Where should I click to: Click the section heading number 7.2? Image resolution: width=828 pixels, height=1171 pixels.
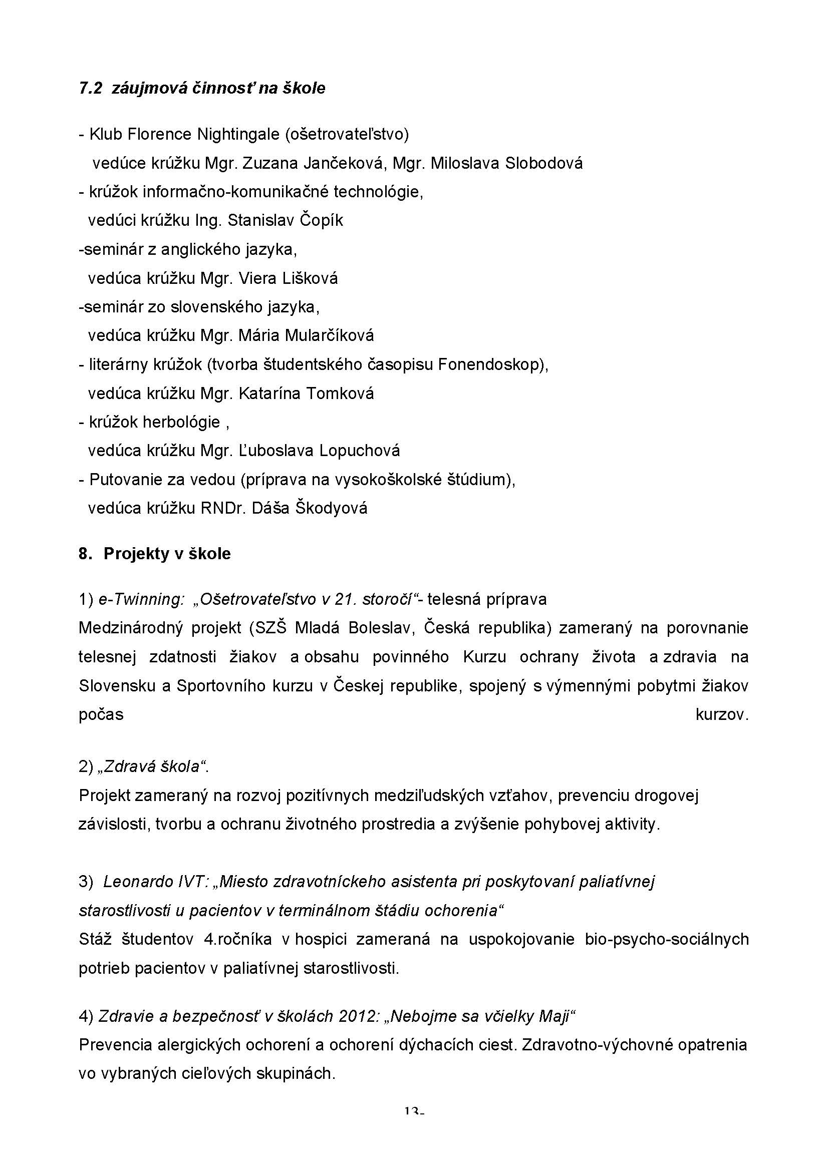point(90,88)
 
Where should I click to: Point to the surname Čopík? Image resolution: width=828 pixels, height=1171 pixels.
point(321,220)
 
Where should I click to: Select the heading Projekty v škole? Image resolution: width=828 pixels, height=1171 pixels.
point(167,554)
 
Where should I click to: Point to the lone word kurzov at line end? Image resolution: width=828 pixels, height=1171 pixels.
point(721,714)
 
